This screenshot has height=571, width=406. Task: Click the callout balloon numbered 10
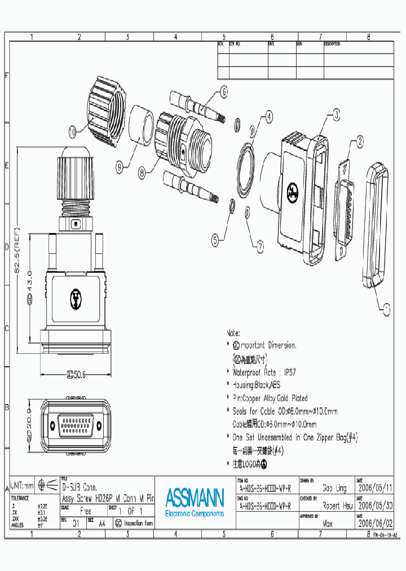[x=72, y=132]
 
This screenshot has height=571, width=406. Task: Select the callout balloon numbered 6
[x=223, y=91]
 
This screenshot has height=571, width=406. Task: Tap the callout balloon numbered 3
[x=336, y=115]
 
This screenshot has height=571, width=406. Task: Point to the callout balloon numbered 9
[x=120, y=166]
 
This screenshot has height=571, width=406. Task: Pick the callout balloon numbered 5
[x=215, y=240]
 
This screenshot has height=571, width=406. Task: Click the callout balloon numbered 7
[x=260, y=245]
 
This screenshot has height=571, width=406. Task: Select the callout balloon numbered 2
[x=358, y=143]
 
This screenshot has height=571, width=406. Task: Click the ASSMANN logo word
[x=195, y=498]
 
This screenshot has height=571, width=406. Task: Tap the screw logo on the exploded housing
[x=292, y=192]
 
